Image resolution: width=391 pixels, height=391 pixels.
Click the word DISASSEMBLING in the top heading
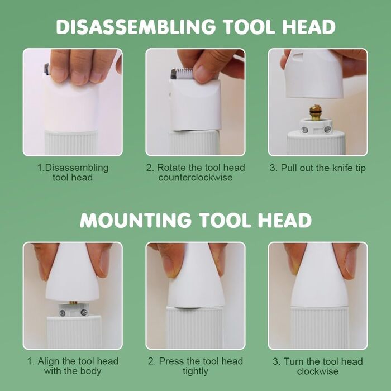pyautogui.click(x=136, y=26)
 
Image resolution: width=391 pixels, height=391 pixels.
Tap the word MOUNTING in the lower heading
pyautogui.click(x=136, y=220)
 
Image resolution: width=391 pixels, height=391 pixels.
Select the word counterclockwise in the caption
pyautogui.click(x=195, y=178)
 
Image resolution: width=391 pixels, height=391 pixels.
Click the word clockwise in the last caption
pyautogui.click(x=318, y=371)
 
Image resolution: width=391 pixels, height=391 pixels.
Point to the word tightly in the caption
pyautogui.click(x=195, y=371)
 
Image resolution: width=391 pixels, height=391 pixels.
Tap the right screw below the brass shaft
pyautogui.click(x=327, y=130)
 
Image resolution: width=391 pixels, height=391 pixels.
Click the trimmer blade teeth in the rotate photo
pyautogui.click(x=183, y=73)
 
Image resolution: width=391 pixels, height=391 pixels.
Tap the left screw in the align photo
pyautogui.click(x=63, y=312)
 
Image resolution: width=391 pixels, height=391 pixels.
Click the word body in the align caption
pyautogui.click(x=90, y=371)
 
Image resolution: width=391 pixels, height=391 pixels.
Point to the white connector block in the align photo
pyautogui.click(x=74, y=309)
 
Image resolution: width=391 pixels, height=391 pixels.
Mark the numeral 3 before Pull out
pyautogui.click(x=273, y=168)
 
